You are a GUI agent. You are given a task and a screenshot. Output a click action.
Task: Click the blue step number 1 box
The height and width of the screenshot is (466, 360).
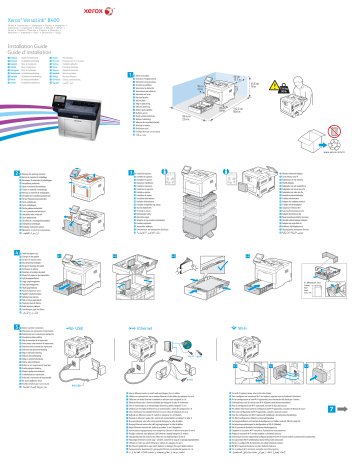click(131, 74)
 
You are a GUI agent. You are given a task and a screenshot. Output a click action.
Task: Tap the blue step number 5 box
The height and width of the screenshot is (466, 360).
click(11, 326)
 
